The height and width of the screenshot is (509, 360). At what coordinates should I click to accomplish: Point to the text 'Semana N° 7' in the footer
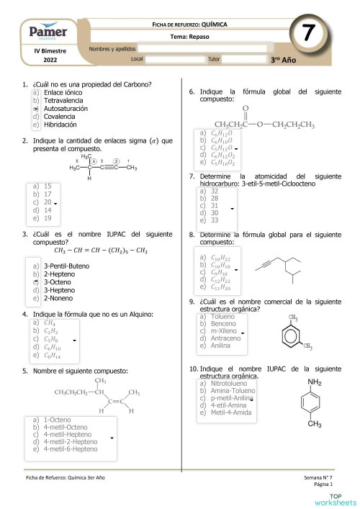pos(320,478)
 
